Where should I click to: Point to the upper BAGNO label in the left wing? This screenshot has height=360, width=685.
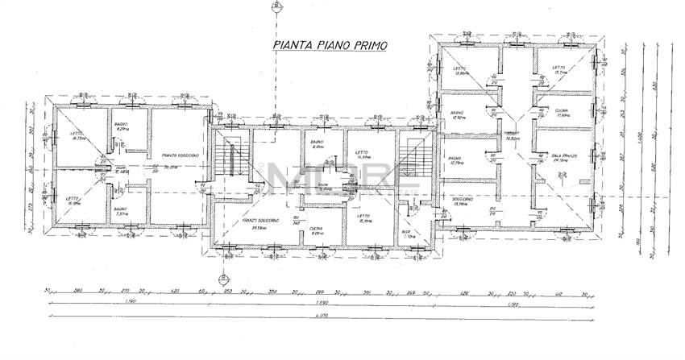122,125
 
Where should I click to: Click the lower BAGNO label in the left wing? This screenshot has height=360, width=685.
120,209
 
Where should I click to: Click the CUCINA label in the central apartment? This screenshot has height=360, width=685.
317,229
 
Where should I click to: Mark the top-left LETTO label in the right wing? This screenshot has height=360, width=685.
461,68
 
